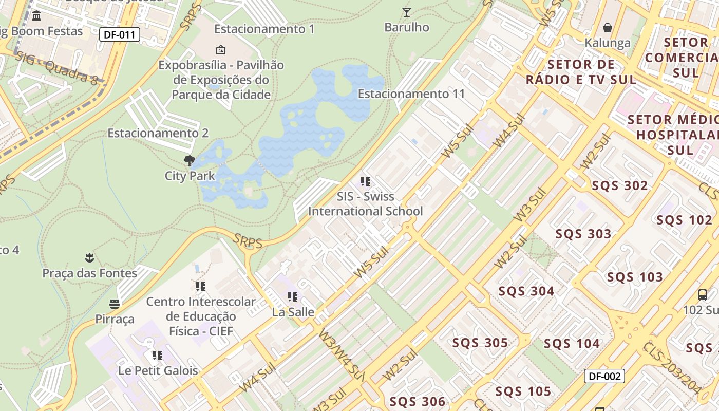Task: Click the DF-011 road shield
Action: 119,35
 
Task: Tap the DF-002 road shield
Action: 604,376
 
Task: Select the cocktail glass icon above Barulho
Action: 407,12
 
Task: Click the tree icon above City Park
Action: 190,160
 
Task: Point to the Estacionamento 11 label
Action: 411,94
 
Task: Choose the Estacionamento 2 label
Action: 158,133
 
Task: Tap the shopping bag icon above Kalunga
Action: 608,27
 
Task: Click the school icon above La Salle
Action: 293,297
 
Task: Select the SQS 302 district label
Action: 620,186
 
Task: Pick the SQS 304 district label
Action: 526,291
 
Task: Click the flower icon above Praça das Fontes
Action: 90,257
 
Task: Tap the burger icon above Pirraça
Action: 115,304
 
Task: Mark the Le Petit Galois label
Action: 158,370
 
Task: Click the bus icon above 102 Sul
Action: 702,295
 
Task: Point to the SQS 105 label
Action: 523,391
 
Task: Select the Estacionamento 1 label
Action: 264,29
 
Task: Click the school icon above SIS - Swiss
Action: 365,181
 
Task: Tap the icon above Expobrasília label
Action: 221,50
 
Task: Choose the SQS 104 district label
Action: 572,344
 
